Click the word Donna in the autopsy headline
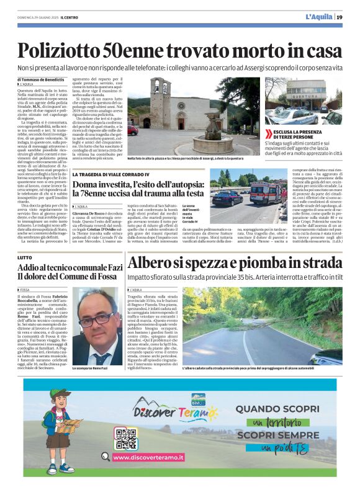click(x=88, y=185)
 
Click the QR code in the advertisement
click(x=126, y=439)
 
